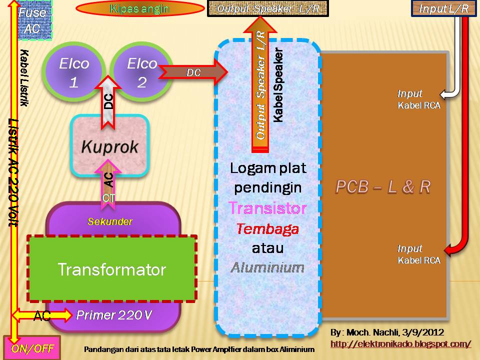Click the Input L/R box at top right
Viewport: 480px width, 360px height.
click(443, 8)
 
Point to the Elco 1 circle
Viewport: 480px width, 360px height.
click(74, 72)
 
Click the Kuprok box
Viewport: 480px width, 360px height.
click(110, 146)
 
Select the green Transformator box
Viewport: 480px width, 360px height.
click(112, 269)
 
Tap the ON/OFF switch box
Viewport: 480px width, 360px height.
click(31, 347)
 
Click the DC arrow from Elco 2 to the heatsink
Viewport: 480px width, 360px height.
click(193, 72)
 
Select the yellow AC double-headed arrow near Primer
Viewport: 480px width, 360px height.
click(42, 315)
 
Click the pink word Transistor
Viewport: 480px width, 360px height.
click(267, 207)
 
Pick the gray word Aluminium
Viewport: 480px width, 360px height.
click(267, 267)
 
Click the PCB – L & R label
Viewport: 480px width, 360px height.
click(383, 186)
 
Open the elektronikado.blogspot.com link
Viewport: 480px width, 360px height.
click(400, 344)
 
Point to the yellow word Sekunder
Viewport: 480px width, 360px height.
click(110, 221)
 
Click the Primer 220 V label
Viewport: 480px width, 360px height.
click(114, 315)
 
